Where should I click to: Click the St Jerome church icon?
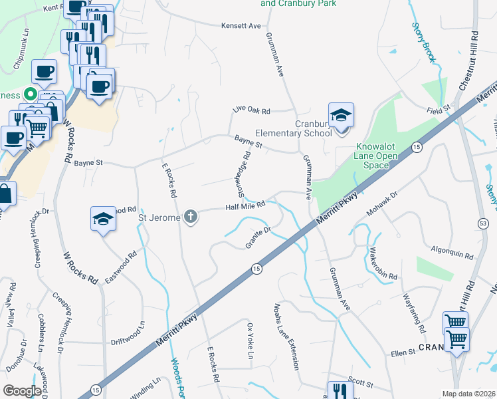tap(191, 217)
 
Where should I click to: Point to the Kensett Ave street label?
tap(241, 26)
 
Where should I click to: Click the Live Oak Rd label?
tap(252, 111)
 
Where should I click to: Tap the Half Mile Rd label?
tap(245, 206)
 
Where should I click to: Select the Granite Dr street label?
tap(258, 238)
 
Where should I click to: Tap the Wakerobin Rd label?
tap(383, 265)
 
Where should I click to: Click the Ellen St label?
tap(403, 352)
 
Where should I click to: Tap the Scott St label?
tap(361, 384)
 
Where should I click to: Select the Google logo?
tap(22, 390)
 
